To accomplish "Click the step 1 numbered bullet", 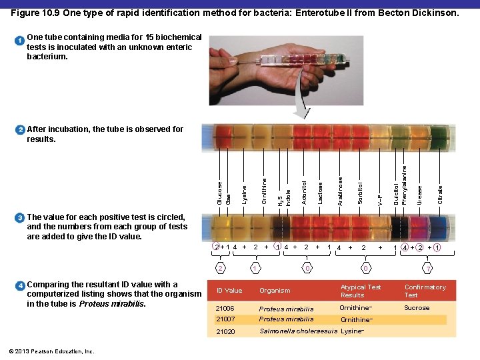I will (20, 41).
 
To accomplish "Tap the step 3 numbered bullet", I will (20, 217).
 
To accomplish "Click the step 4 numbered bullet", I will (20, 285).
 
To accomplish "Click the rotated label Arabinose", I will (341, 191).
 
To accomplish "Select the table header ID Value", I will (229, 291).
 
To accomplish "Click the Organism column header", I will (275, 291).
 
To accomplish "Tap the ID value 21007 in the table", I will (225, 319).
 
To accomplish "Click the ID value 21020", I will (225, 331).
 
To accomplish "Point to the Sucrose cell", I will (417, 308).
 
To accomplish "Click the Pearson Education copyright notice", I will (51, 351).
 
